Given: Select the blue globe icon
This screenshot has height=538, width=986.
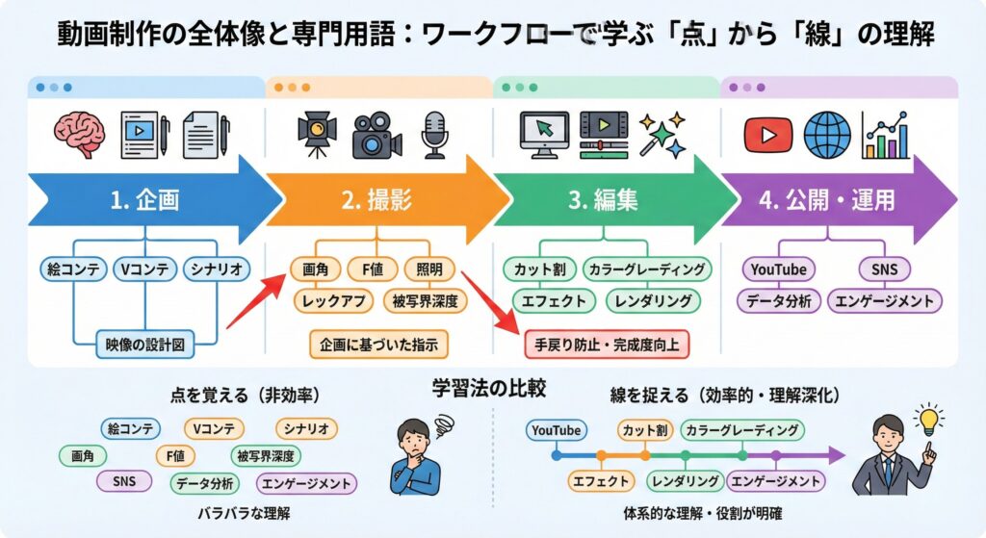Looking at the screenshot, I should click(827, 134).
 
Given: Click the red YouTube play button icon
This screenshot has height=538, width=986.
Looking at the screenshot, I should click(768, 134).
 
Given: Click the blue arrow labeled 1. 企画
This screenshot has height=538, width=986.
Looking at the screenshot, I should click(144, 200).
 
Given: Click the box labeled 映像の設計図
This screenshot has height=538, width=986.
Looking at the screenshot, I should click(144, 343).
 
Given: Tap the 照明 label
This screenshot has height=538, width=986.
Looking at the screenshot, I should click(423, 269).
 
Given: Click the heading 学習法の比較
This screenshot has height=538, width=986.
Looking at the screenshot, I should click(489, 390).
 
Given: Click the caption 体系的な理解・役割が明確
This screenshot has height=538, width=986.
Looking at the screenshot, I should click(702, 514).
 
